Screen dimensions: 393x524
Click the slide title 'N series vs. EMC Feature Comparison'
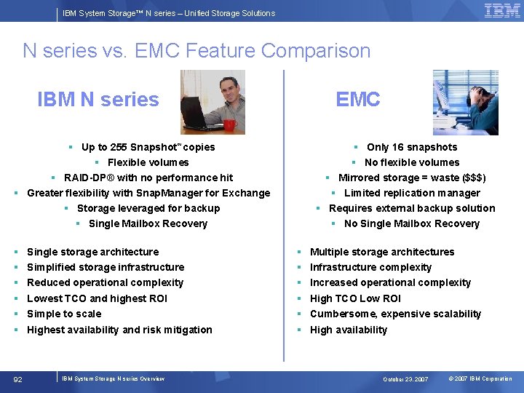196,51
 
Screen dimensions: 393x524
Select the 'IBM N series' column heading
98,100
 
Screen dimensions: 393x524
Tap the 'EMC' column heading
357,100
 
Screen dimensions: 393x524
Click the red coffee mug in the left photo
229,124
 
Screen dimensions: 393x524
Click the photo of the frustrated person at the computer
465,102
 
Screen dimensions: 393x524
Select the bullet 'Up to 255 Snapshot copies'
148,147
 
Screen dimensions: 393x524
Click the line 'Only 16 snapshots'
412,147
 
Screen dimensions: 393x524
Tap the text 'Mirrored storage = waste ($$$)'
412,178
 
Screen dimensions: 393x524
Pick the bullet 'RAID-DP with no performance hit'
148,178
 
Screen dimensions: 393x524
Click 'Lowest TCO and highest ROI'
97,298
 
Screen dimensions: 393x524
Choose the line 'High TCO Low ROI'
355,298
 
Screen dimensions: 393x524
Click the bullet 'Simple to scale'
64,314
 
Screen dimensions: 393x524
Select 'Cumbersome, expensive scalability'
395,314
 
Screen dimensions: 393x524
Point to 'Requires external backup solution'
412,208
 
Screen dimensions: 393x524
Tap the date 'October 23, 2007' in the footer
405,379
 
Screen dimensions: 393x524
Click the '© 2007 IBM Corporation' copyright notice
480,379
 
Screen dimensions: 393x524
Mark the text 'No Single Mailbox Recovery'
412,223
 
